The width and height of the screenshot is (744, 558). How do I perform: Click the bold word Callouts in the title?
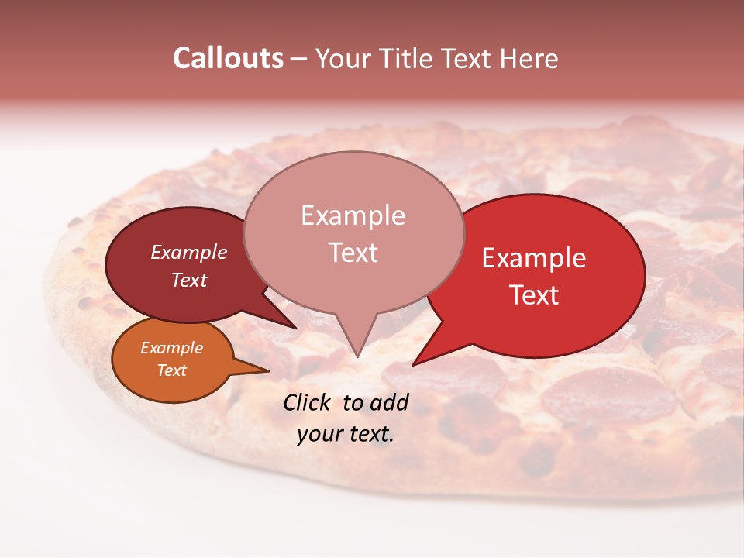point(228,58)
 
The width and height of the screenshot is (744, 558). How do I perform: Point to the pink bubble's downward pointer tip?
point(356,356)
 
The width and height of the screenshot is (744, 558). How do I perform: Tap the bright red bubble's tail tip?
point(414,364)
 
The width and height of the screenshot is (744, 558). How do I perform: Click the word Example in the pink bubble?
point(353,215)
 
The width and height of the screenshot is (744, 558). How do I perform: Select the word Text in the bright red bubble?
point(535,295)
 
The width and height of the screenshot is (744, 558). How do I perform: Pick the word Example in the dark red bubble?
point(189,252)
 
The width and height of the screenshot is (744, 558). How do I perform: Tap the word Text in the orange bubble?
point(172,370)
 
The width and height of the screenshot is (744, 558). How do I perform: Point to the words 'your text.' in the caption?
point(346,434)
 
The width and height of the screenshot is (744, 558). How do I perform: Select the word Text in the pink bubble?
point(353,253)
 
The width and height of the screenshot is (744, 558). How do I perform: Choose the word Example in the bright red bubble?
point(534,258)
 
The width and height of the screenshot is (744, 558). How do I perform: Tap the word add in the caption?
point(389,402)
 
